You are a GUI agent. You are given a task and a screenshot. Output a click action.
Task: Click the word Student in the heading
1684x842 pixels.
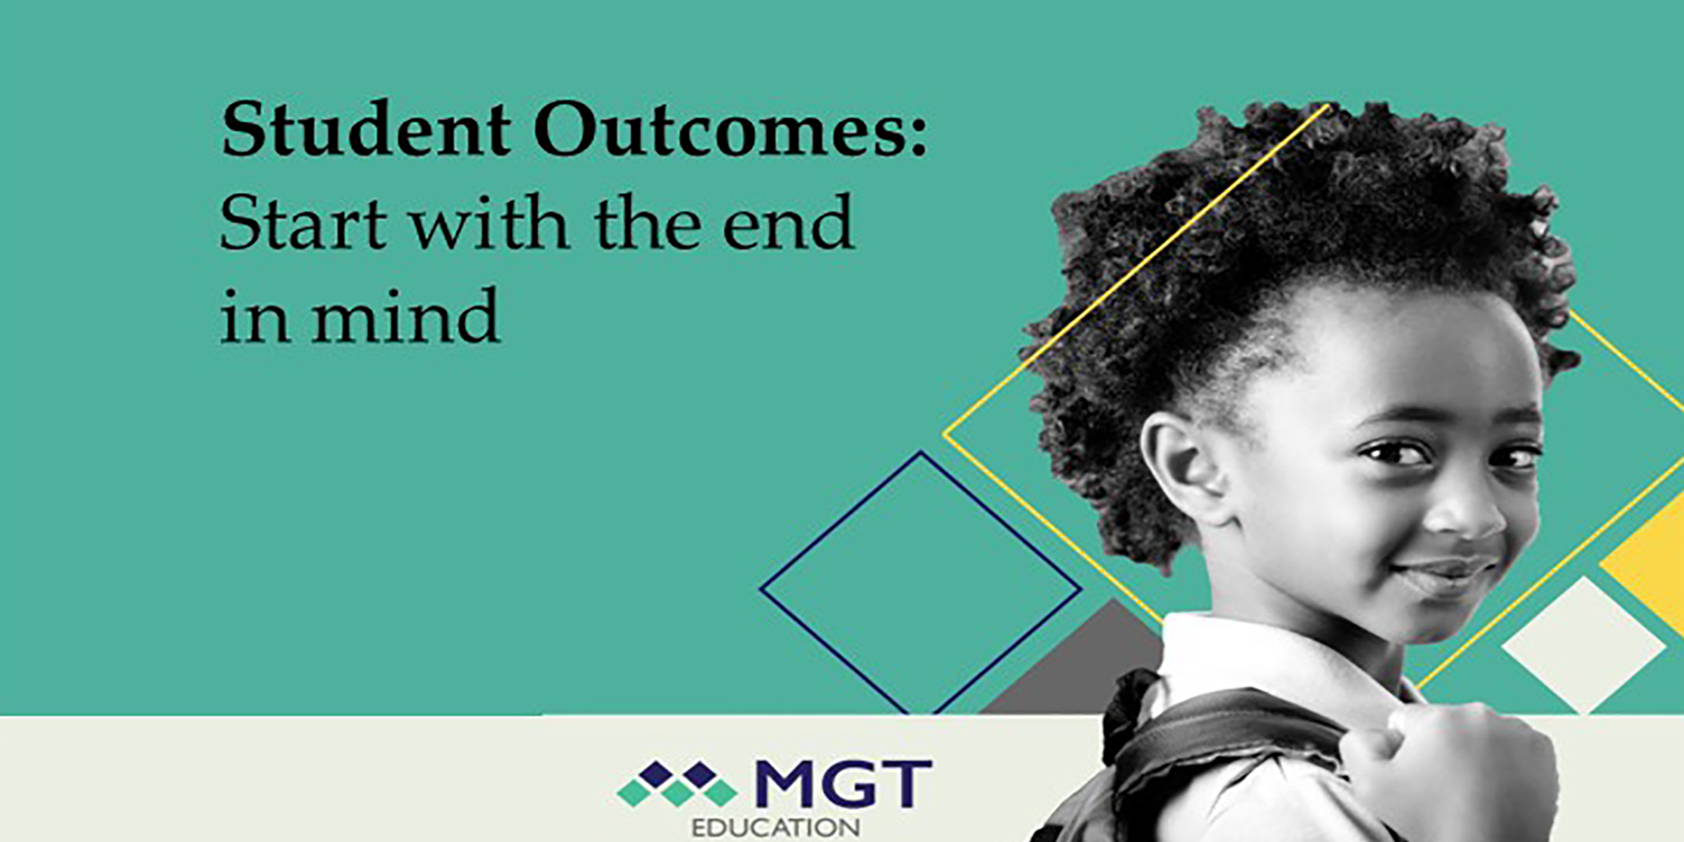[366, 130]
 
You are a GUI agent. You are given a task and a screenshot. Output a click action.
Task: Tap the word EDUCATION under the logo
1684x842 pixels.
[775, 828]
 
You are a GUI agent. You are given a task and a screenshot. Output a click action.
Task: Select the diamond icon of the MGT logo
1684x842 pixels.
[678, 784]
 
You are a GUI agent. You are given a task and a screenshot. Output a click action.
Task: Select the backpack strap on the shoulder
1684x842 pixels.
[1229, 741]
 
